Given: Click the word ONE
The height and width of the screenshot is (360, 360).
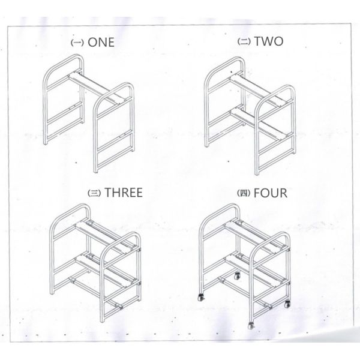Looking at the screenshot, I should tap(101, 43).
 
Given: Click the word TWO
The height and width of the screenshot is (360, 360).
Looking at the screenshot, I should tap(269, 41).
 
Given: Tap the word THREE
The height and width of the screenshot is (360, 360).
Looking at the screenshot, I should tap(123, 193).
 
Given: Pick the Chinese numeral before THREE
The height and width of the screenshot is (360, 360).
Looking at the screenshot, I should tap(94, 193).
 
